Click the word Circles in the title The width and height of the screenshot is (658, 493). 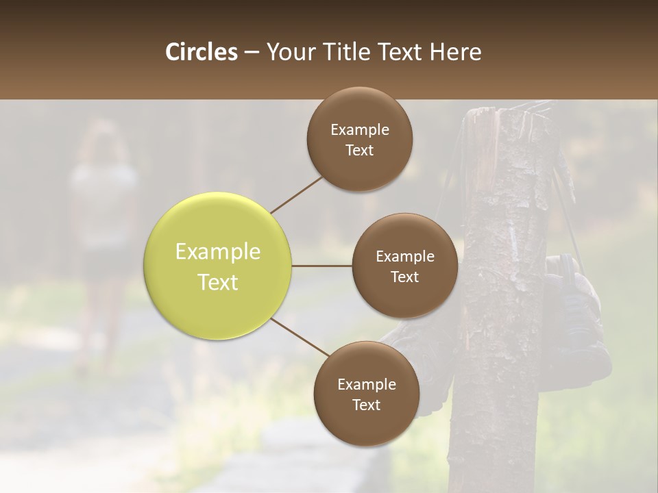pyautogui.click(x=202, y=52)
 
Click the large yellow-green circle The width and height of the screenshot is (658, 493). pyautogui.click(x=218, y=266)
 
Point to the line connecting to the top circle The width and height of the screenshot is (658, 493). pyautogui.click(x=297, y=194)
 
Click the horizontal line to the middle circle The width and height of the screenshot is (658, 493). pyautogui.click(x=322, y=266)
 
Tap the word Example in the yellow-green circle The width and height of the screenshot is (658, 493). pyautogui.click(x=218, y=252)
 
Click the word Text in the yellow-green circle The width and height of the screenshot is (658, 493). pyautogui.click(x=218, y=282)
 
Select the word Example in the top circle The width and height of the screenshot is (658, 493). pyautogui.click(x=360, y=130)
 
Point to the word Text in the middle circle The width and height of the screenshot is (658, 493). pyautogui.click(x=405, y=277)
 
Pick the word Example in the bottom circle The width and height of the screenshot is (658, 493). pyautogui.click(x=366, y=385)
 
